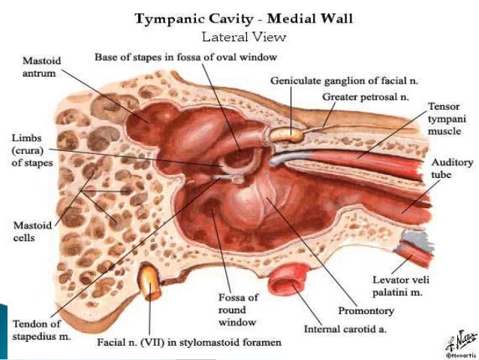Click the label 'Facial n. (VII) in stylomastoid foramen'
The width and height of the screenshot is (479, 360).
(x=188, y=343)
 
